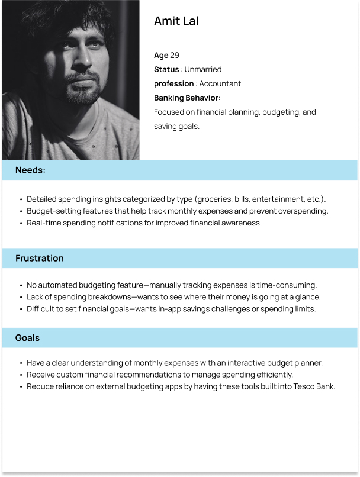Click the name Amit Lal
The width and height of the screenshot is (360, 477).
[176, 21]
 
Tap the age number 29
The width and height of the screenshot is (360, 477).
[175, 56]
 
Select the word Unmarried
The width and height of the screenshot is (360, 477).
[202, 70]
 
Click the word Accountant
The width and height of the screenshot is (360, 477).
[220, 84]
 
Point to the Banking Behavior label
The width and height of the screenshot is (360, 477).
[187, 98]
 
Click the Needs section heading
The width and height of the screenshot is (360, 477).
[30, 170]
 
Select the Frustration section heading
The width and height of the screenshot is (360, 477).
[39, 259]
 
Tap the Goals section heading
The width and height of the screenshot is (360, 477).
[27, 338]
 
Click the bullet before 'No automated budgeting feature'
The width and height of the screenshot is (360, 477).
[21, 285]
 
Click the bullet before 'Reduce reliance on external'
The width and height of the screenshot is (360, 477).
[21, 387]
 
